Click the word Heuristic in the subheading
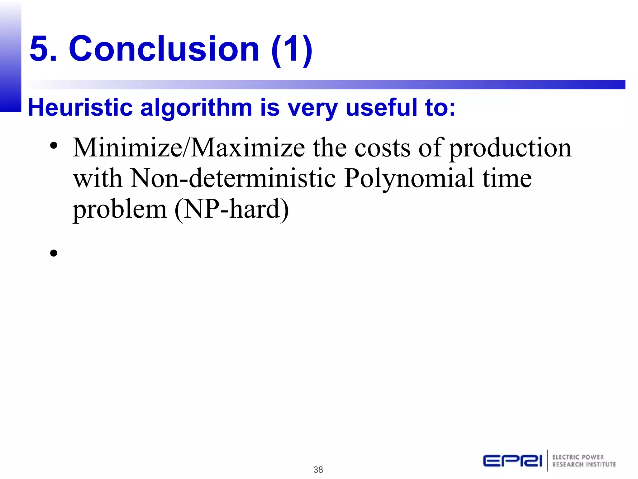click(x=80, y=108)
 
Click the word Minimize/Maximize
click(x=189, y=148)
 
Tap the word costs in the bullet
click(x=383, y=148)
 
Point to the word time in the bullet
click(x=507, y=178)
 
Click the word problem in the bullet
click(x=120, y=210)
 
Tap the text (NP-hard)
click(x=232, y=210)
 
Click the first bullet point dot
click(x=54, y=145)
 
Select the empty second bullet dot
click(x=54, y=253)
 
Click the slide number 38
click(x=318, y=470)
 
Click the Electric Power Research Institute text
click(x=584, y=461)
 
